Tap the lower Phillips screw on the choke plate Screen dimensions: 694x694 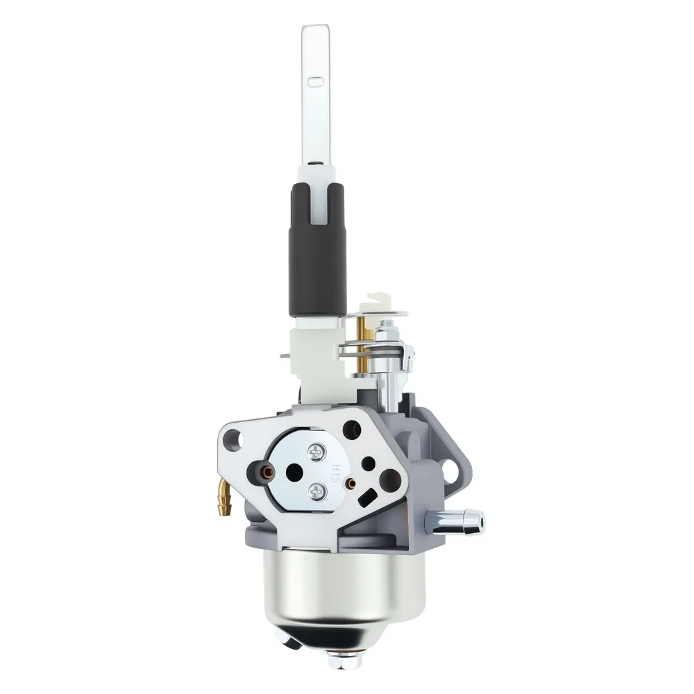click(318, 491)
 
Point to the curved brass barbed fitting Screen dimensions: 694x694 click(224, 499)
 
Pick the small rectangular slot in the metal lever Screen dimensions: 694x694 click(316, 82)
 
